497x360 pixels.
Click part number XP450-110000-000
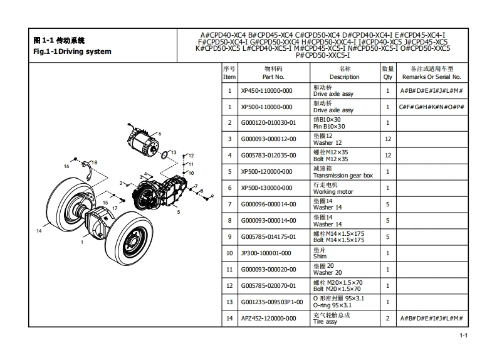coord(266,90)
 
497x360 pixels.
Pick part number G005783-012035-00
coord(268,156)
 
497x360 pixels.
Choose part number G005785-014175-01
coord(268,237)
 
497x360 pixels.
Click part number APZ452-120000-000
coord(268,319)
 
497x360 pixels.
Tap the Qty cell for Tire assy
coord(388,319)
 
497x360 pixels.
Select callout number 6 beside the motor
coord(160,134)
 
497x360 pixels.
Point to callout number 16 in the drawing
coord(66,166)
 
